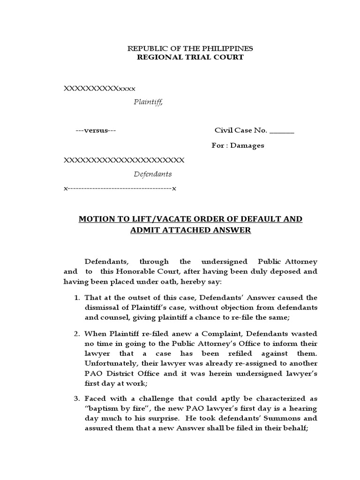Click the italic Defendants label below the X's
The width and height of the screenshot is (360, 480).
point(153,174)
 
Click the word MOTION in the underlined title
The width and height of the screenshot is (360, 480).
point(97,219)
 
